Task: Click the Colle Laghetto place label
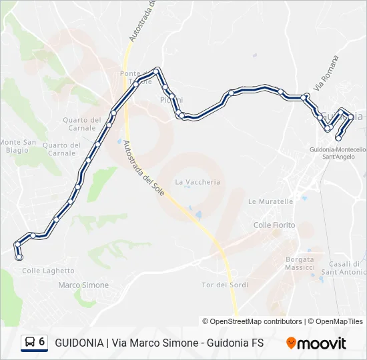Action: (48, 271)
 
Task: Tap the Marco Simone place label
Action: (83, 285)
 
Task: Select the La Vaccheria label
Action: (197, 182)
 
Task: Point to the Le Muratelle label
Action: (270, 201)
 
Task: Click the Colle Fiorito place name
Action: (274, 225)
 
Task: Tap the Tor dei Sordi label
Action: (225, 285)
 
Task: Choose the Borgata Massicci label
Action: (300, 263)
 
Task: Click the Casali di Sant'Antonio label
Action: (344, 268)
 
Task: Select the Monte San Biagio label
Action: (18, 146)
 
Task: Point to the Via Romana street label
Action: (326, 73)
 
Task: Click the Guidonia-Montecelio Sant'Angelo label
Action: (338, 153)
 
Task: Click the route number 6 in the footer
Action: (42, 342)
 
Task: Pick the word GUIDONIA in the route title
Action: (78, 343)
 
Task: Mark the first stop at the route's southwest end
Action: (19, 257)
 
